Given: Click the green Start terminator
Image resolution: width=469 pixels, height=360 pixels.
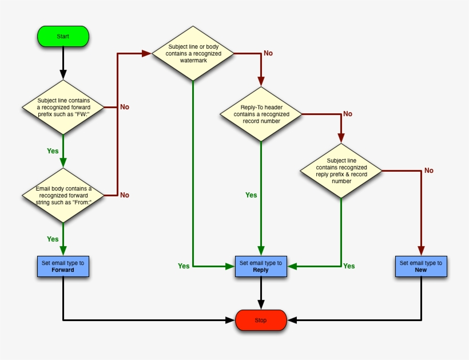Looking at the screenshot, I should coord(63,36).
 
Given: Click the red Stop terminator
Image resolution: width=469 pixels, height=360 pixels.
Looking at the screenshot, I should coord(261,321).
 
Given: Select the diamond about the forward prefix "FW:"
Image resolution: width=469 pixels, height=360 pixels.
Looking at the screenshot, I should coord(63,106).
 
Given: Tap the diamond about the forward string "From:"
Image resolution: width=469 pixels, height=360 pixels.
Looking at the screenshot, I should coord(63,195).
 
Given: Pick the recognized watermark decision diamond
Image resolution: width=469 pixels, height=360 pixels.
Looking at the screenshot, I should coord(193,53).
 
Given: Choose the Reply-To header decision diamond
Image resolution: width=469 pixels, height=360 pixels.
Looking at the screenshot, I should coord(261,114).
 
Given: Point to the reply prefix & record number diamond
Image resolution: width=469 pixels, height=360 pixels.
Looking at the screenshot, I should coord(341,170).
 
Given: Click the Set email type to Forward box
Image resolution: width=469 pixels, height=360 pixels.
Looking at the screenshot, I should coord(63,267).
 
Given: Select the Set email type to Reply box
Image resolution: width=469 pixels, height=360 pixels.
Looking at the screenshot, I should coord(261,267).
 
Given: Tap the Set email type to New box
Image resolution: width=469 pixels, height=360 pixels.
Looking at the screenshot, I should coord(421,267).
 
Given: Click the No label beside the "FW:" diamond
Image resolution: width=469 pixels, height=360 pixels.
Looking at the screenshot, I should coord(124,107).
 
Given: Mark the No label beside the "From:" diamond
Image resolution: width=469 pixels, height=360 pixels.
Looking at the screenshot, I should coord(124,195).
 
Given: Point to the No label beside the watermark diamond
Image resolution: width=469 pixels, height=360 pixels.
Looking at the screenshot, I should coord(268,53).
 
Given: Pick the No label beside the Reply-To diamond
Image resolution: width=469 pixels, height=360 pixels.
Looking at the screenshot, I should coord(347,114).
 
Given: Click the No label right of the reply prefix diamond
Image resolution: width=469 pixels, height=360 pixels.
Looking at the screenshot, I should coord(428,171).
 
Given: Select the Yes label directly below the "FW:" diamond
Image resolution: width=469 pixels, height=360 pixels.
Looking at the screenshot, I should coord(53,151).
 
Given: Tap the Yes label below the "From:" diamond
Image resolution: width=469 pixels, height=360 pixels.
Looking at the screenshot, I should coord(53,239).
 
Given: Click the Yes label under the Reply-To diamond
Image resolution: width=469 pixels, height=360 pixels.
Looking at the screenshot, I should coord(251,195).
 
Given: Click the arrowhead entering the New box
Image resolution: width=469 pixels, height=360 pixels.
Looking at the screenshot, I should coord(421,251).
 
